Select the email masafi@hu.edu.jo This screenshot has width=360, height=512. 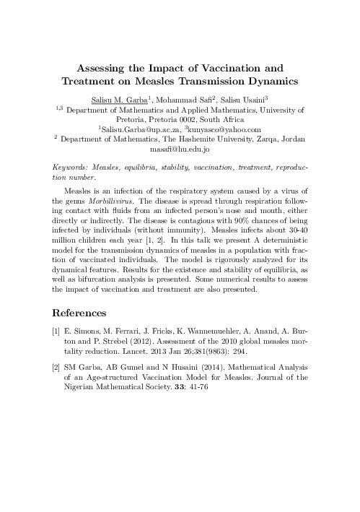(x=180, y=149)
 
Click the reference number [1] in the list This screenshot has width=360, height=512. (x=61, y=337)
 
